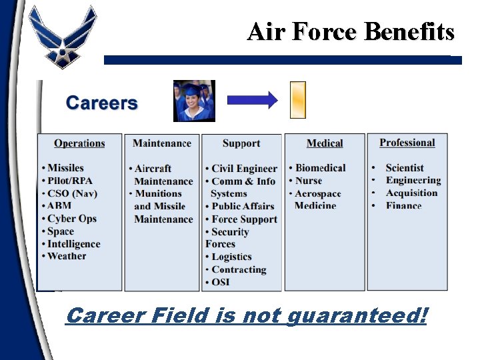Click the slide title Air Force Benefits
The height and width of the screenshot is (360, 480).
351,31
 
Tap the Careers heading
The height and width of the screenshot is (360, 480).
101,103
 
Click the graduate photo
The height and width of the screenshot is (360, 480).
194,101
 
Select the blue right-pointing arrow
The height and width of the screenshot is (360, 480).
252,101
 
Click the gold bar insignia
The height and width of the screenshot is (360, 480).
298,99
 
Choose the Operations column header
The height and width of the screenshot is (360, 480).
79,143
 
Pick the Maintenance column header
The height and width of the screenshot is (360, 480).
162,143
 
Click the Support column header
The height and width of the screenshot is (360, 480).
241,143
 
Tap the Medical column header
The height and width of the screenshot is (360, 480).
325,143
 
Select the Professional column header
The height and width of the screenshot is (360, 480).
407,143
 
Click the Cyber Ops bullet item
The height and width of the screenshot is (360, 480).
71,219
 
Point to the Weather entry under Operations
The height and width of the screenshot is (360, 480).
67,256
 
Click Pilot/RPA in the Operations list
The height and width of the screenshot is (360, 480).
70,181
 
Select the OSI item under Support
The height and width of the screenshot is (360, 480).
220,282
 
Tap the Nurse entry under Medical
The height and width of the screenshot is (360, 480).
309,181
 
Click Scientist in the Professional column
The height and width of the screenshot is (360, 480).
405,168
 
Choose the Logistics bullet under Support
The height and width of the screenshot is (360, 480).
231,257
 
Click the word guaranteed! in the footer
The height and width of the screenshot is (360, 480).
357,315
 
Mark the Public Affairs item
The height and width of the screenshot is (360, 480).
243,207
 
